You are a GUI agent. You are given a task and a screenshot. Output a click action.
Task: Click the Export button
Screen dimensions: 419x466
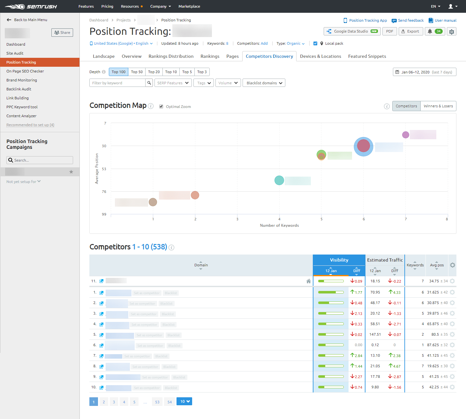coord(411,31)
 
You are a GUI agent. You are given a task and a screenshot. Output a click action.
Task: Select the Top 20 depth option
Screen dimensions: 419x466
coord(154,72)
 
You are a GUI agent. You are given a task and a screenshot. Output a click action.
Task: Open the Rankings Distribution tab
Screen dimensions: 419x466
coord(171,56)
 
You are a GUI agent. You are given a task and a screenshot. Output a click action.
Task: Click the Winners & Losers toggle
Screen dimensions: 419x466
coord(438,106)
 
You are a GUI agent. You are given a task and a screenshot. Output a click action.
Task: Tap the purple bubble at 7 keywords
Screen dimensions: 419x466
coord(405,135)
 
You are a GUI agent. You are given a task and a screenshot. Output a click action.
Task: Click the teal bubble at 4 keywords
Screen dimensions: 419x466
coord(279,180)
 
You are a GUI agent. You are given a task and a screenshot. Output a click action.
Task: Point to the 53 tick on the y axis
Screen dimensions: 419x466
coord(104,169)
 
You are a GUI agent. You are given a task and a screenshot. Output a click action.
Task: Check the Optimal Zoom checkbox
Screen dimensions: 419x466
coord(161,107)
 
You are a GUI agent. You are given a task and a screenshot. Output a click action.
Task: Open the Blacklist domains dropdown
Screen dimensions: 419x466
coord(264,83)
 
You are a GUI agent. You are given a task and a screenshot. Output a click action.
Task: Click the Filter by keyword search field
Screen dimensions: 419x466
coord(117,83)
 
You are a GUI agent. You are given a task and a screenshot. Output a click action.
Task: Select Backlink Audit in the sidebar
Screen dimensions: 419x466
coord(19,89)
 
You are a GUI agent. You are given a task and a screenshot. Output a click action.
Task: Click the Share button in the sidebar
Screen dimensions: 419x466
coord(62,33)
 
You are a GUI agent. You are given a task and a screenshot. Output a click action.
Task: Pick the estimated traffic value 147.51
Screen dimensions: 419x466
coord(375,334)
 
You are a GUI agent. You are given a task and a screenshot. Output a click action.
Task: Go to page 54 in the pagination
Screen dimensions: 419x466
coord(169,402)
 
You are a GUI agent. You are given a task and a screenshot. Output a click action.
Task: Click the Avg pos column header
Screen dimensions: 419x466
coord(437,265)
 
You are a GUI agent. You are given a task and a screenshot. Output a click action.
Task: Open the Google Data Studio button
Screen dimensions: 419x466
coord(352,31)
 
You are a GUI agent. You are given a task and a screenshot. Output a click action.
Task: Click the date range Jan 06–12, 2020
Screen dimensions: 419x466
coord(424,72)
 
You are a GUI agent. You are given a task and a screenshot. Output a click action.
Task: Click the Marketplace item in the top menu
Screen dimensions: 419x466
coord(189,6)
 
